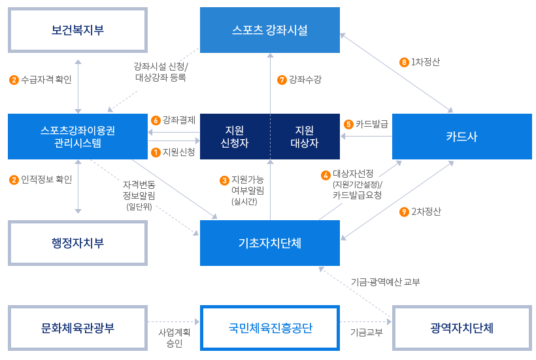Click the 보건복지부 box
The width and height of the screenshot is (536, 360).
coord(77,30)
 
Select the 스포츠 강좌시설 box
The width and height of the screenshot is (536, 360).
coord(269,30)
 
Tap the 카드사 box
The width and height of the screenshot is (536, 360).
coord(461,137)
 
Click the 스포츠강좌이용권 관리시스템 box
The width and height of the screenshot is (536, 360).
coord(77,137)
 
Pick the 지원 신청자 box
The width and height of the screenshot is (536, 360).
coord(235,137)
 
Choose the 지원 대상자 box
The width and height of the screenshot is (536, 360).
coord(305,137)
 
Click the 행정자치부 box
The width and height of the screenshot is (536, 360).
coord(77,243)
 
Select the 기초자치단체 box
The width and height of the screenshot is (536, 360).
coord(269,243)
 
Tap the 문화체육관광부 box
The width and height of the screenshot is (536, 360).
coord(77,328)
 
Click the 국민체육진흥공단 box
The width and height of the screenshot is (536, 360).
coord(269,328)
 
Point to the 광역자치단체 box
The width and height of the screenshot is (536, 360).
coord(461,328)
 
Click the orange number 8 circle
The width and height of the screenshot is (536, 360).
coord(403,63)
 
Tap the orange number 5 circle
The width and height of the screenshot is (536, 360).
coord(348,124)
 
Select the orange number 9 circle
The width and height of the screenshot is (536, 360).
coord(403,212)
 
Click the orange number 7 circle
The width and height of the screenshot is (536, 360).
coord(282,80)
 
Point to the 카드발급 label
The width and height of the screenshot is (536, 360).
coord(371,124)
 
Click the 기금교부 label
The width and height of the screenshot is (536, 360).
coord(366,332)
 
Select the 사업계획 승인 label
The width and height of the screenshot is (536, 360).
coord(174,337)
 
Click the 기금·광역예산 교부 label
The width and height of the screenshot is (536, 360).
coord(385,282)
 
